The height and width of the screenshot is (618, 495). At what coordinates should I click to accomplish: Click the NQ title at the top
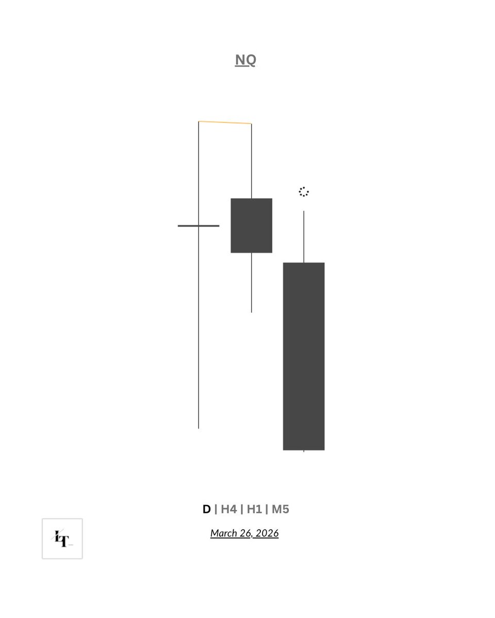coord(245,60)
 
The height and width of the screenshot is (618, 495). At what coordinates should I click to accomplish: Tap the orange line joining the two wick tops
coord(225,123)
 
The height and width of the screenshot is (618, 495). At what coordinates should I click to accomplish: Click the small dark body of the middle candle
coord(251,226)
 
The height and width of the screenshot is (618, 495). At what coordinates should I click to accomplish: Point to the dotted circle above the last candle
coord(304,192)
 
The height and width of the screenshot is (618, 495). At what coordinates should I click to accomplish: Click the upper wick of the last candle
coord(304,237)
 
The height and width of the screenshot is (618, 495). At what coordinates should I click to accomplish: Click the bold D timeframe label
coord(206,509)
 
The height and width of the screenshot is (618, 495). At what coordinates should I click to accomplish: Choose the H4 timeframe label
coord(228,509)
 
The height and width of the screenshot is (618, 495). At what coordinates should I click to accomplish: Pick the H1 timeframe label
coord(254,509)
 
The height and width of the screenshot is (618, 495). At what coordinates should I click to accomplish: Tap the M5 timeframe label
coord(280,509)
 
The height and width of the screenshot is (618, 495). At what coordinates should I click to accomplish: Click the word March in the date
coord(223,533)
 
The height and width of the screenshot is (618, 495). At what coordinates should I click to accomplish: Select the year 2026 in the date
coord(267,533)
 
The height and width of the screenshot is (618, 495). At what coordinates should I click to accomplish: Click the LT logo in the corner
coord(62,539)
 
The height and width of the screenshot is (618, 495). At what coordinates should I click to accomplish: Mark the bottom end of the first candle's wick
coord(199,427)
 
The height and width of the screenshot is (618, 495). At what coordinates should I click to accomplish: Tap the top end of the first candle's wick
coord(199,122)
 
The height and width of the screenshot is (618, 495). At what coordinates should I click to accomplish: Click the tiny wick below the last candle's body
coord(304,451)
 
